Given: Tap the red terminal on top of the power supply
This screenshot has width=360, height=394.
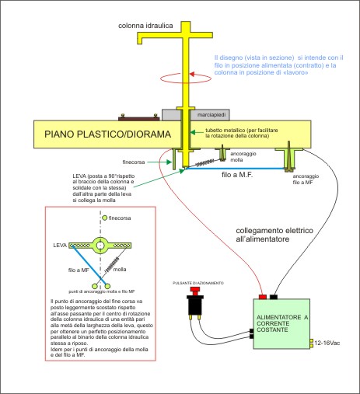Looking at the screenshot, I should (x=264, y=296).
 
